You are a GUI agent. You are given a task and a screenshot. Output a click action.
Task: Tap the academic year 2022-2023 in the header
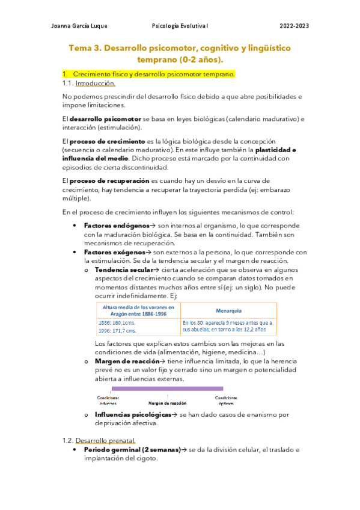(294, 26)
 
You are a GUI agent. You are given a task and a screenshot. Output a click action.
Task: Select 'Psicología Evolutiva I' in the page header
(180, 26)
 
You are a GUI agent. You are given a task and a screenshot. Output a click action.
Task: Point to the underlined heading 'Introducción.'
(95, 84)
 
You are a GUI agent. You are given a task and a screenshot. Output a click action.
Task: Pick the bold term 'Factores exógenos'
(114, 252)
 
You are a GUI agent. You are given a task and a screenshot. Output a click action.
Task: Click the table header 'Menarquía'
(228, 311)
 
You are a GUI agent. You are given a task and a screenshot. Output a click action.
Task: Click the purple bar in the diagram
(168, 389)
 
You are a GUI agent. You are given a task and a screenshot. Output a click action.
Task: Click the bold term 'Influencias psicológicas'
(133, 414)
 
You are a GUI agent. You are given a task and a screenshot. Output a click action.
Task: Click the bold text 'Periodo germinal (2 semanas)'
(132, 449)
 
